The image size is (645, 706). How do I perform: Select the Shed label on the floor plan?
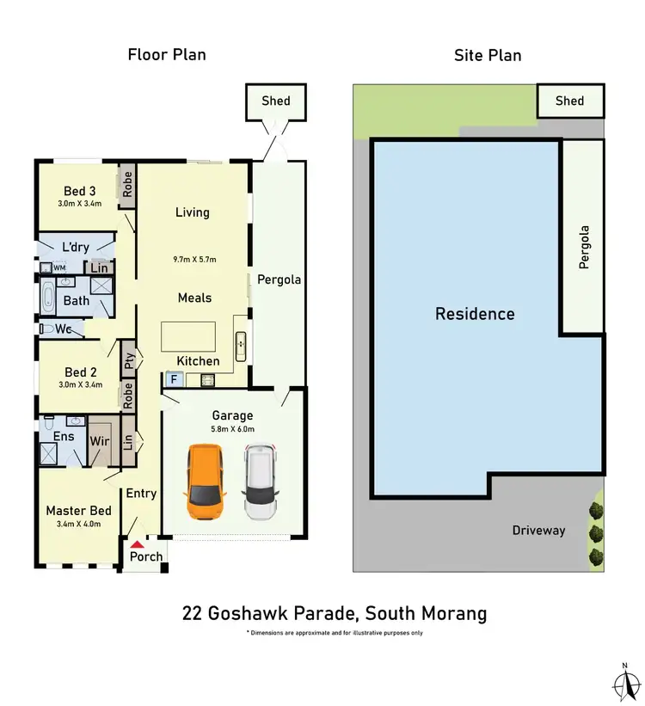276,101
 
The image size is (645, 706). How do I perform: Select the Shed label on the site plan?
569,101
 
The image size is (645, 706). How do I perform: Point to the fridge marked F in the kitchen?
174,378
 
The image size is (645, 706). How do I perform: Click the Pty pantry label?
128,359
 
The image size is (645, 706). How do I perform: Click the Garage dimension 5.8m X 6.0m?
233,428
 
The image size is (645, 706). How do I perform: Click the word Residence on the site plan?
475,314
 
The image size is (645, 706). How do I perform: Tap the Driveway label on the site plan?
538,530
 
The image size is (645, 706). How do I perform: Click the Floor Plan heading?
167,55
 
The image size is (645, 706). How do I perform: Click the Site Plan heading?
488,55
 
